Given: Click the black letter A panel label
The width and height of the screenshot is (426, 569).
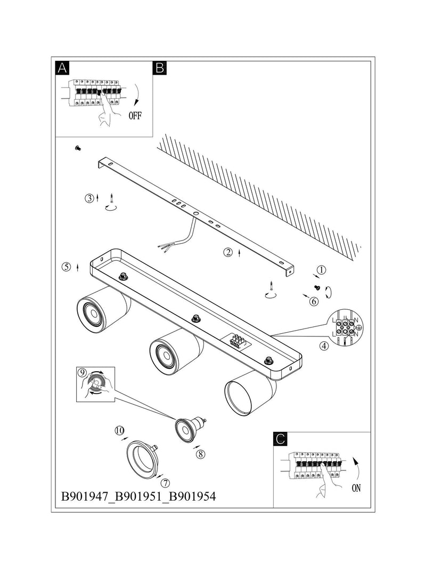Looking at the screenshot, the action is pyautogui.click(x=62, y=68).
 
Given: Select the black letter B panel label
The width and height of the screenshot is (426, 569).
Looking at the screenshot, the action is pyautogui.click(x=160, y=68).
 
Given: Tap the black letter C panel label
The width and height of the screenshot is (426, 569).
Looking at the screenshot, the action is pyautogui.click(x=280, y=439).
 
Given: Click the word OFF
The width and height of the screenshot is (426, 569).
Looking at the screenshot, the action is pyautogui.click(x=135, y=116).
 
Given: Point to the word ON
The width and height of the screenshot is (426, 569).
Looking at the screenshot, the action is pyautogui.click(x=356, y=488).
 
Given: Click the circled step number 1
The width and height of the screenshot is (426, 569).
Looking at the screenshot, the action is pyautogui.click(x=321, y=270).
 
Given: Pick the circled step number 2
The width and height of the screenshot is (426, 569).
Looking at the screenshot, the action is pyautogui.click(x=228, y=252).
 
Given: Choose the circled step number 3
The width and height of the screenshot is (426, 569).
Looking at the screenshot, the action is pyautogui.click(x=89, y=198).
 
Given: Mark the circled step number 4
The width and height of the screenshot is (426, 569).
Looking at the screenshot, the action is pyautogui.click(x=324, y=346).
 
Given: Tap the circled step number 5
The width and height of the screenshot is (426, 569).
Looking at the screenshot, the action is pyautogui.click(x=66, y=267).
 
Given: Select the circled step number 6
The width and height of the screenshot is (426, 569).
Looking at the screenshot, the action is pyautogui.click(x=314, y=301).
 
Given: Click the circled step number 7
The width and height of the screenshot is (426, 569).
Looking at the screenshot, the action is pyautogui.click(x=165, y=483).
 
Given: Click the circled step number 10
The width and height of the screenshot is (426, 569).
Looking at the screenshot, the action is pyautogui.click(x=119, y=430).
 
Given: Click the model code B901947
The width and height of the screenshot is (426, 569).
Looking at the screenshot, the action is pyautogui.click(x=85, y=496).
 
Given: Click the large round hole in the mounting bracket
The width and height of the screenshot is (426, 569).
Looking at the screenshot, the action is pyautogui.click(x=196, y=214).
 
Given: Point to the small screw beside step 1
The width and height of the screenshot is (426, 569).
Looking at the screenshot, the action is pyautogui.click(x=317, y=287).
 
